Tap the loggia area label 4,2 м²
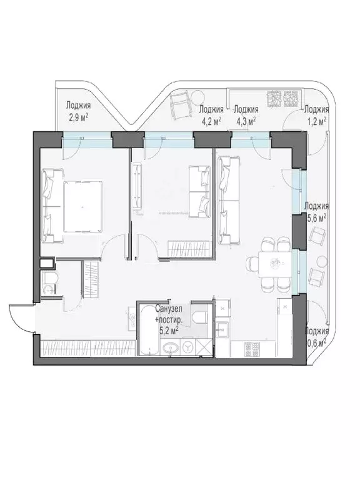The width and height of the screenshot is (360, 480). (211, 122)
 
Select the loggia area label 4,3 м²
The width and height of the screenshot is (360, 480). (246, 122)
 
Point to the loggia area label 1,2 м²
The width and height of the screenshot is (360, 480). (316, 122)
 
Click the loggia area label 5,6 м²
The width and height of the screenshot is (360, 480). (316, 218)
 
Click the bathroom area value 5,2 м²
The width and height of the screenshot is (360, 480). (169, 331)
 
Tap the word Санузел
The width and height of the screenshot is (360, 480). (168, 309)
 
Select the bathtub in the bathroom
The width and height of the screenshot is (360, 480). (149, 329)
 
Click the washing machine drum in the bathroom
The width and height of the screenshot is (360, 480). (187, 346)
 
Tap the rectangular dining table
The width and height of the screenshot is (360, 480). (275, 264)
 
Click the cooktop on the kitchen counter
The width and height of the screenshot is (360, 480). (251, 349)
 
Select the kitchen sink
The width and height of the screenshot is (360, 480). (221, 330)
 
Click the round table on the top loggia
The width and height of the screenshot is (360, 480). (197, 97)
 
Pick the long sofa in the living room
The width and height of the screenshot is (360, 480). (228, 201)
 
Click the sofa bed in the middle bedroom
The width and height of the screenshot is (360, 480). (200, 192)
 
